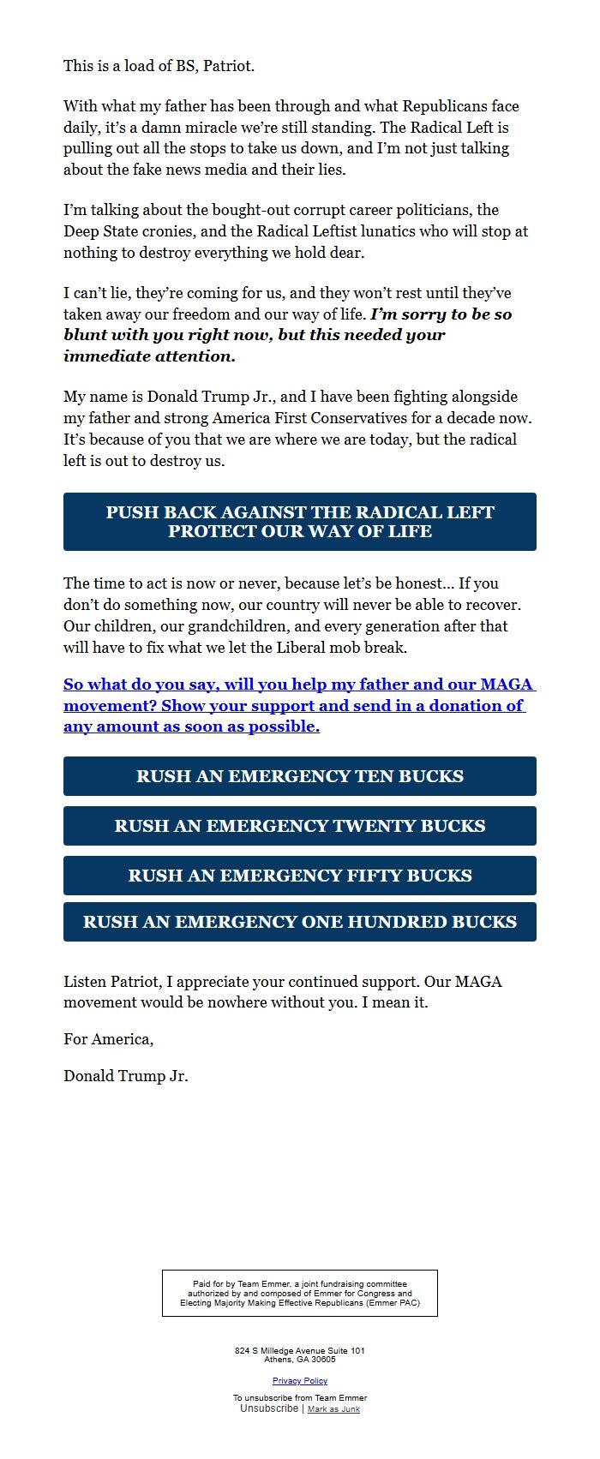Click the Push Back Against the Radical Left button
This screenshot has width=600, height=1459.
click(300, 521)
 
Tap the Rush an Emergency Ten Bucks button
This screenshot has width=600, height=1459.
click(300, 776)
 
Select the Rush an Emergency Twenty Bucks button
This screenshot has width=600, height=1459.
click(300, 826)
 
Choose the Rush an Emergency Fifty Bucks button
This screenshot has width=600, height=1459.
click(300, 876)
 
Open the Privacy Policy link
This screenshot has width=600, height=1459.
click(300, 1380)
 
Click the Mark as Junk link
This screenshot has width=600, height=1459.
click(333, 1409)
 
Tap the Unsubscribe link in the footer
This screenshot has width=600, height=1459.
click(269, 1408)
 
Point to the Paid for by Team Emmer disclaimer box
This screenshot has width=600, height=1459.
click(300, 1293)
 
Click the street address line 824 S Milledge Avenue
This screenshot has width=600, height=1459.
click(300, 1350)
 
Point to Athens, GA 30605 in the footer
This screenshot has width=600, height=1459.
click(300, 1359)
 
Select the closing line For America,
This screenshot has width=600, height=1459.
click(108, 1039)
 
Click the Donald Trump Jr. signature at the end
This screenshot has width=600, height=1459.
click(125, 1076)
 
